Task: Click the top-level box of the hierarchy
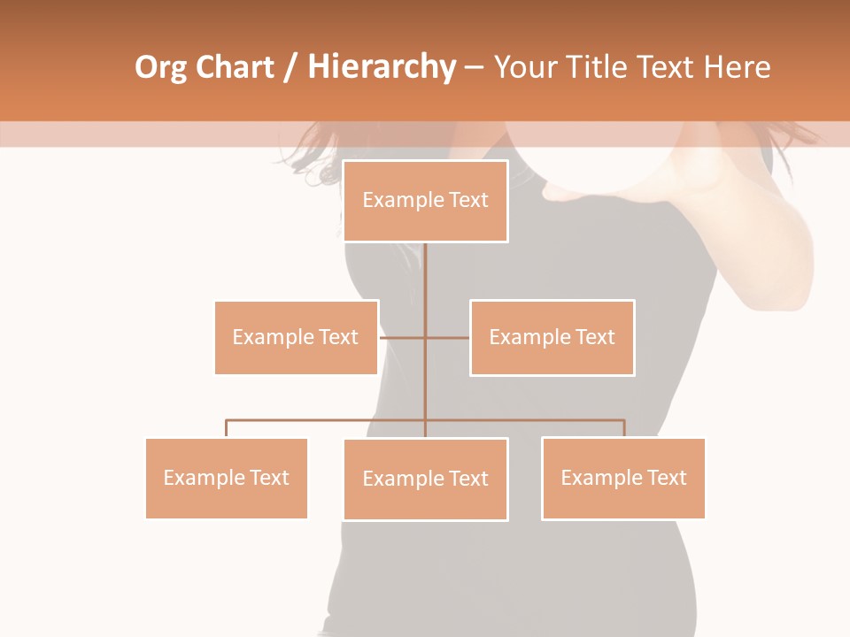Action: (x=425, y=201)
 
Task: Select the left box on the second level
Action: (x=296, y=337)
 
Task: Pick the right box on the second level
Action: (x=552, y=337)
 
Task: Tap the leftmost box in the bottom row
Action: (x=226, y=478)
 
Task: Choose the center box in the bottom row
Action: (x=425, y=479)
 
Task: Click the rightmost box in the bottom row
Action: (x=623, y=478)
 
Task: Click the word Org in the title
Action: (x=160, y=67)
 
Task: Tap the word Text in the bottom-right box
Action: (x=668, y=478)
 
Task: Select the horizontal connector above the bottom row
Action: (x=328, y=420)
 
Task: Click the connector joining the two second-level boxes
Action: (x=425, y=337)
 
